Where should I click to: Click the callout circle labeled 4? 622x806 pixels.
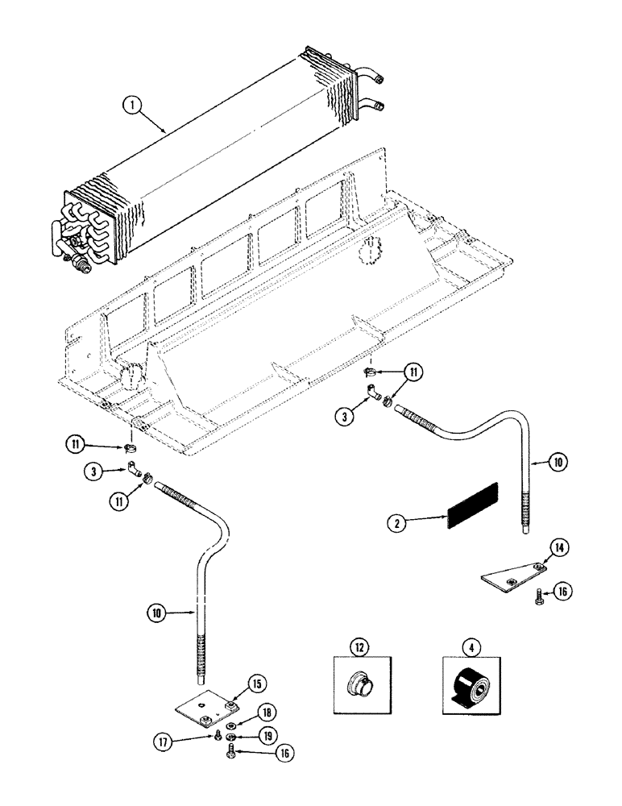click(x=469, y=646)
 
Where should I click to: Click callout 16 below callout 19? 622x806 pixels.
click(x=263, y=755)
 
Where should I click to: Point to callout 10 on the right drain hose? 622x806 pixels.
click(x=558, y=462)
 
